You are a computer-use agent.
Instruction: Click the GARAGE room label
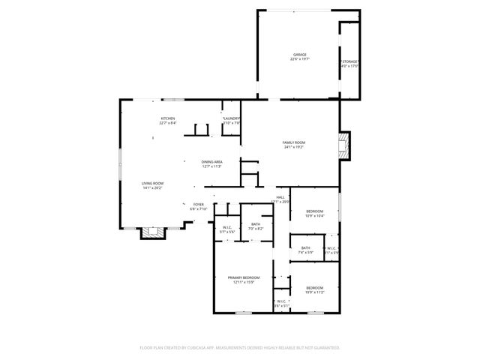click(x=301, y=55)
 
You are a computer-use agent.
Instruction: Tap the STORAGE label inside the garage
click(x=350, y=61)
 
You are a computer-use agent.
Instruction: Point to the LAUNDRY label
click(x=231, y=118)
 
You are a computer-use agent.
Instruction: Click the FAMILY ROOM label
click(x=294, y=142)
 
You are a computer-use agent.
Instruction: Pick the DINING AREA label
click(x=212, y=162)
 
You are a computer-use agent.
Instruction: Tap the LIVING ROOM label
click(x=153, y=183)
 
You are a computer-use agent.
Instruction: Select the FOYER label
click(x=199, y=204)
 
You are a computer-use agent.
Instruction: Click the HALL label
click(x=280, y=197)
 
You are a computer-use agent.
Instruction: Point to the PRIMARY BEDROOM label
click(x=244, y=277)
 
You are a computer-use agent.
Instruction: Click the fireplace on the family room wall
click(x=344, y=145)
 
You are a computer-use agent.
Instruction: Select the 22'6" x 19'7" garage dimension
click(x=301, y=60)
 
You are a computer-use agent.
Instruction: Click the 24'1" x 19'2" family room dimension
click(x=294, y=148)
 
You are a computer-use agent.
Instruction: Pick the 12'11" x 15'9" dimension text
click(x=244, y=283)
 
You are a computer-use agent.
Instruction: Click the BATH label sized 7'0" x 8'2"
click(x=256, y=223)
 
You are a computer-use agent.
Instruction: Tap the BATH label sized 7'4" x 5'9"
click(x=305, y=248)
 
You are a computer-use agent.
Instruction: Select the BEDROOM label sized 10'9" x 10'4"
click(x=314, y=211)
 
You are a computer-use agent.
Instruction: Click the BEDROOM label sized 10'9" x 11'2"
click(x=314, y=288)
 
